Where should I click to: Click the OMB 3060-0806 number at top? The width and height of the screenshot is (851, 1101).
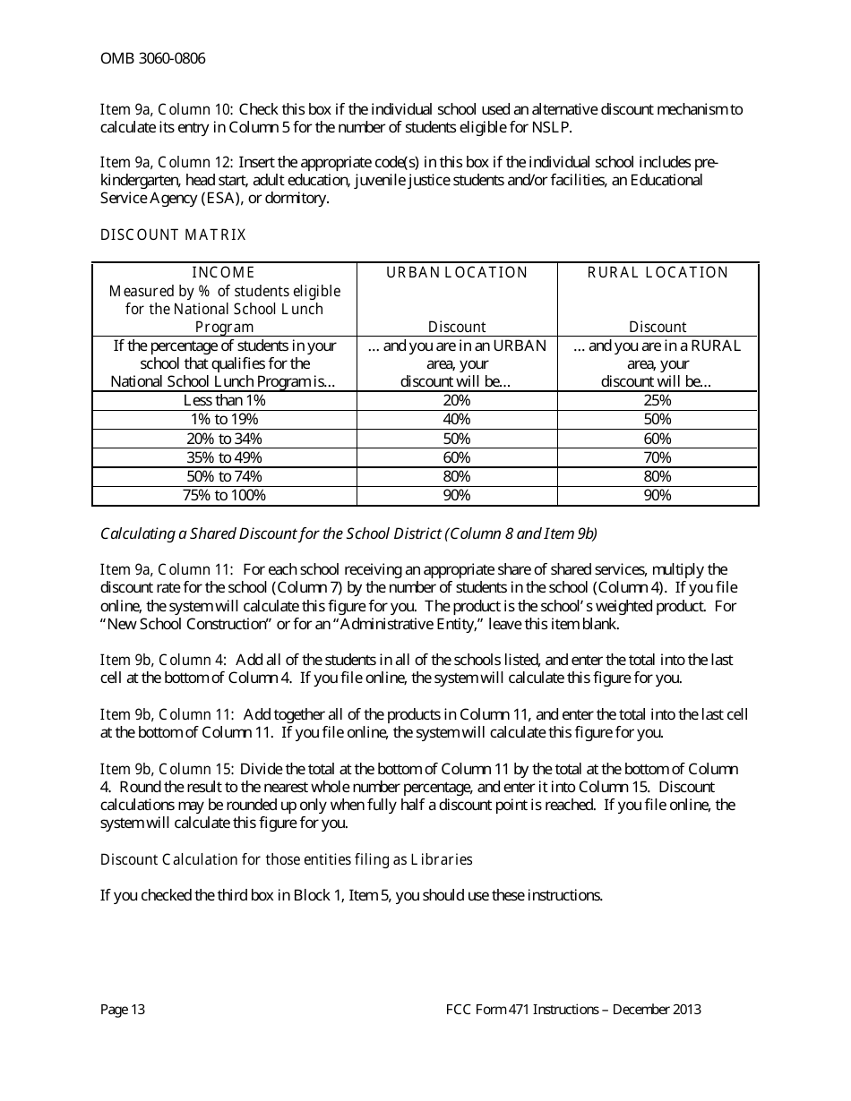pyautogui.click(x=152, y=59)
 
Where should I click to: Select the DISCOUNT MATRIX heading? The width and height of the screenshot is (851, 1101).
pyautogui.click(x=173, y=235)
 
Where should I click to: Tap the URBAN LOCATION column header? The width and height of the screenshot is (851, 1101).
pyautogui.click(x=457, y=273)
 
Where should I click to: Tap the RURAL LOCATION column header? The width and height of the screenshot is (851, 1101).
pyautogui.click(x=658, y=273)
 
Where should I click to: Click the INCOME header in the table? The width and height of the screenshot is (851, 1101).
pyautogui.click(x=224, y=273)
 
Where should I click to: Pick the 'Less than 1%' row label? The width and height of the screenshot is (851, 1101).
pyautogui.click(x=224, y=401)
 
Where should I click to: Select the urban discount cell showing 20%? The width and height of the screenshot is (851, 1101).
pyautogui.click(x=457, y=401)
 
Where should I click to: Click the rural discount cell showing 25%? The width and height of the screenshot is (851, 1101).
pyautogui.click(x=658, y=401)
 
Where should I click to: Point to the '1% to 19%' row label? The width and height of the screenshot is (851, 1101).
pyautogui.click(x=224, y=420)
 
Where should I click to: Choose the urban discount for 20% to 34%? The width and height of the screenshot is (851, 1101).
pyautogui.click(x=457, y=439)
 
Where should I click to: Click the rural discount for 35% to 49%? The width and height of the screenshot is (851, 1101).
pyautogui.click(x=658, y=457)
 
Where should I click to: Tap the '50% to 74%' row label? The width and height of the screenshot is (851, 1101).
pyautogui.click(x=224, y=476)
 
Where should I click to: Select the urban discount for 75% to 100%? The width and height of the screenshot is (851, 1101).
pyautogui.click(x=457, y=495)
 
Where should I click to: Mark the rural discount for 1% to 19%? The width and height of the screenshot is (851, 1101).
pyautogui.click(x=658, y=420)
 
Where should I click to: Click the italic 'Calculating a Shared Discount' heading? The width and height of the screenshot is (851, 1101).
pyautogui.click(x=348, y=533)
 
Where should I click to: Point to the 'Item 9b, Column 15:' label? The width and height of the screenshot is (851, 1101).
pyautogui.click(x=168, y=769)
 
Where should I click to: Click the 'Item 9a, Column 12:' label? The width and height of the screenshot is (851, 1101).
pyautogui.click(x=168, y=163)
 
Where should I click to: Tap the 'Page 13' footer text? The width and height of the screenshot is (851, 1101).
pyautogui.click(x=123, y=1010)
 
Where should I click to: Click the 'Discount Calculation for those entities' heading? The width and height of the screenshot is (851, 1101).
pyautogui.click(x=286, y=859)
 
